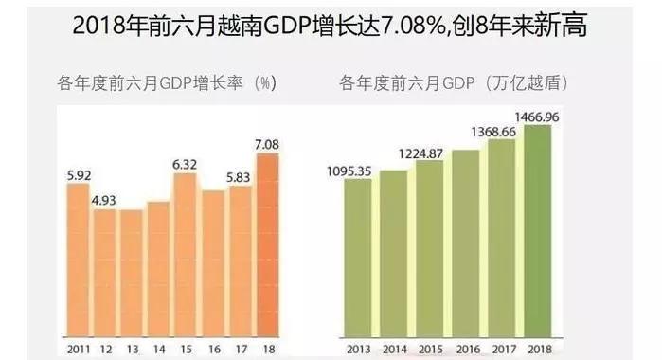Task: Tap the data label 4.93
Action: (104, 200)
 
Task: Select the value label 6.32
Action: (186, 164)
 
